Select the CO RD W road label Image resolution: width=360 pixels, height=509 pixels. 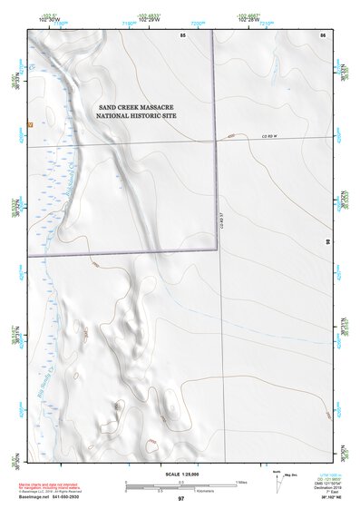(268, 136)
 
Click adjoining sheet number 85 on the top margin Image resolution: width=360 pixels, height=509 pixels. (182, 34)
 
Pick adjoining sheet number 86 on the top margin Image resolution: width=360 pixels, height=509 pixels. (322, 34)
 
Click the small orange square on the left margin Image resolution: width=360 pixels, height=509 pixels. (30, 123)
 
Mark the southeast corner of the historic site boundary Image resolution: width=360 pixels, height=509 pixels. (216, 255)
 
